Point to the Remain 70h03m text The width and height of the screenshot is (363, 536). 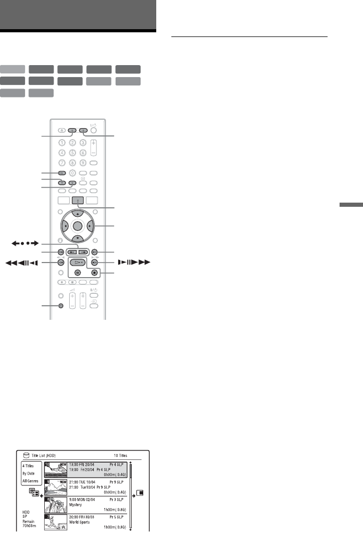[28, 528]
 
